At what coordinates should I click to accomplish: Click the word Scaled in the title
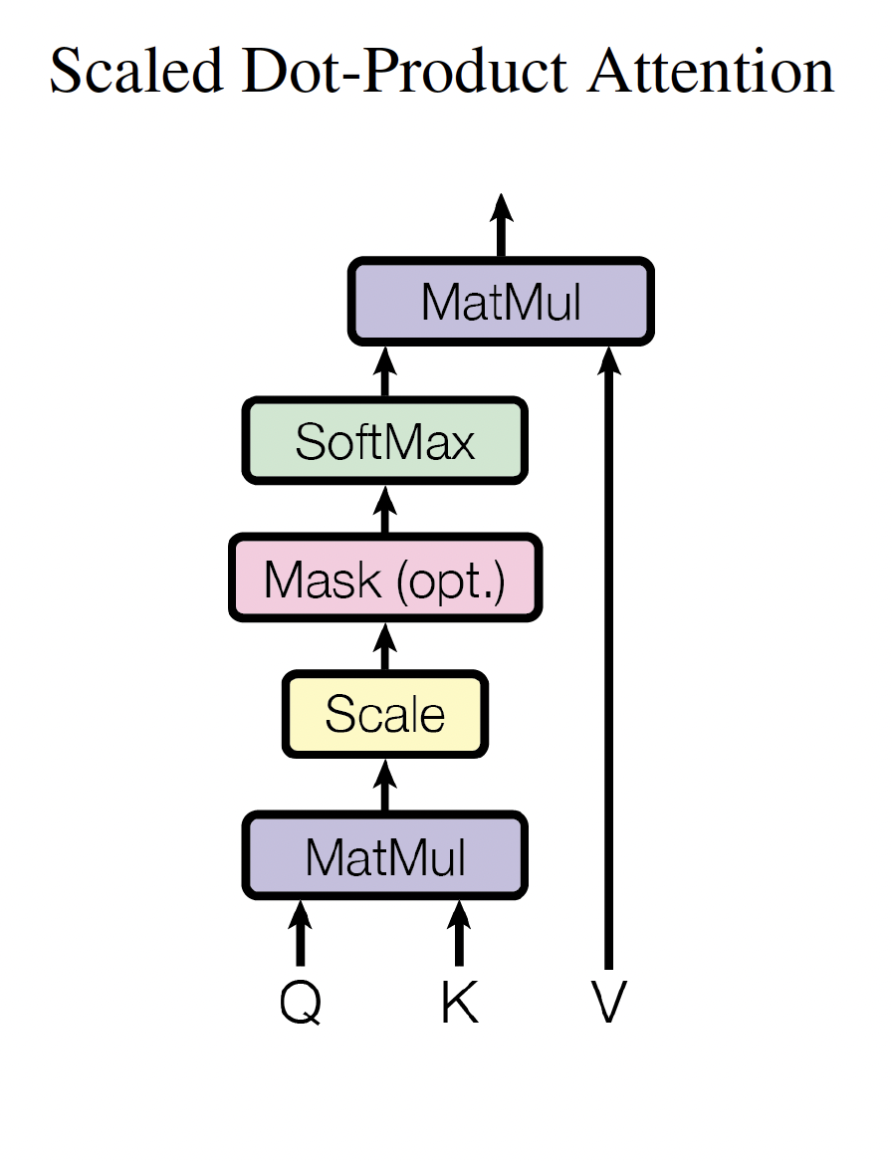click(136, 71)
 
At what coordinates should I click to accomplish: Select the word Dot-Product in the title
click(404, 71)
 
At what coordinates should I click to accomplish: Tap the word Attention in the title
click(711, 71)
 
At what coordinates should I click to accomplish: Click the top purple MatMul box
click(501, 301)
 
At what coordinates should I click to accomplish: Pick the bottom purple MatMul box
click(385, 856)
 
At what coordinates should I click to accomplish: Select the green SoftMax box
click(385, 441)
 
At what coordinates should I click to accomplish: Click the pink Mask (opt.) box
click(385, 579)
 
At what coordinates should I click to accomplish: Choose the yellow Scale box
click(385, 715)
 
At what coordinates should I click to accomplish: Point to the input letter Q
click(301, 1003)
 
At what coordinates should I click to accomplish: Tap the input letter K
click(459, 1002)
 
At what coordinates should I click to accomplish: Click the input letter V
click(608, 1002)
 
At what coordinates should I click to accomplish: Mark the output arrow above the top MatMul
click(501, 225)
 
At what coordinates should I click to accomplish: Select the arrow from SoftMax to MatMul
click(385, 371)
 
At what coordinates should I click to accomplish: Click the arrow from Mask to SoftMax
click(385, 510)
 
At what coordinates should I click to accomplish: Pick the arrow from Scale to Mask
click(385, 646)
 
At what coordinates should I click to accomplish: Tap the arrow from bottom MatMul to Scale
click(385, 785)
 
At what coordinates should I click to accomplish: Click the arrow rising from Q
click(300, 933)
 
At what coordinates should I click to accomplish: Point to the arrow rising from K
click(459, 933)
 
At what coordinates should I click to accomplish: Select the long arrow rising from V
click(608, 657)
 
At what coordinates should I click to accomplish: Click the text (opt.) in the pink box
click(452, 580)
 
